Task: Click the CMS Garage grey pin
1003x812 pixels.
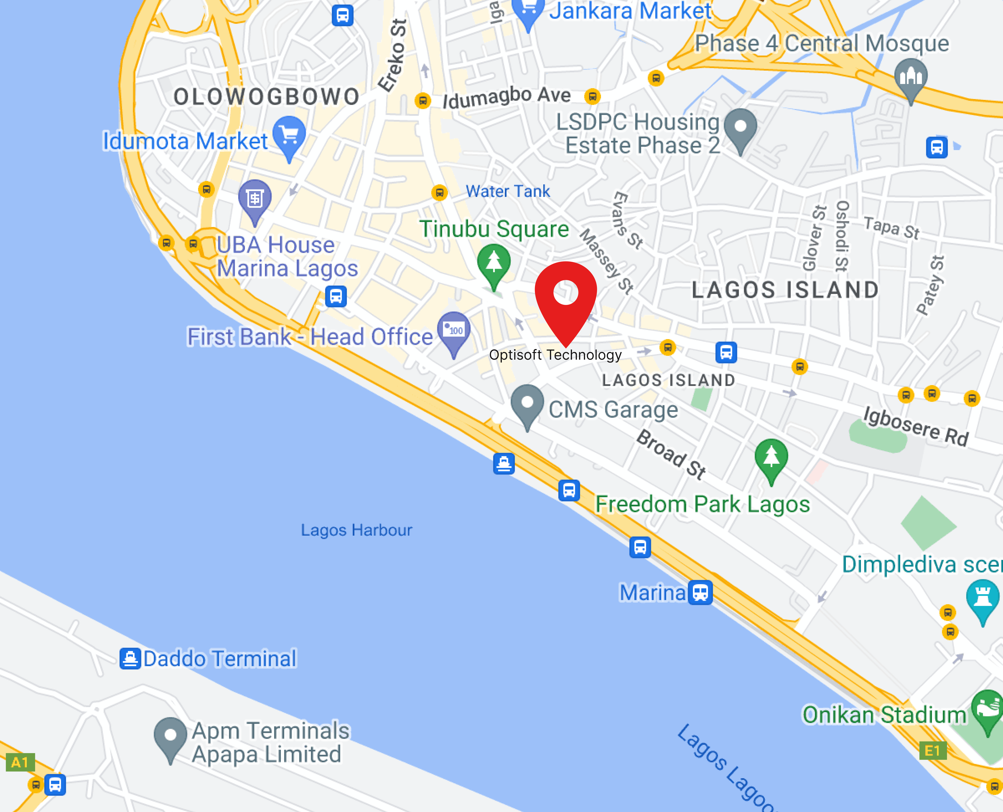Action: pos(527,403)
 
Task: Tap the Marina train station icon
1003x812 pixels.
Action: pos(700,593)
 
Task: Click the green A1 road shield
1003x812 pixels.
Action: pos(20,762)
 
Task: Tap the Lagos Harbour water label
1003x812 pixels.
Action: pos(356,530)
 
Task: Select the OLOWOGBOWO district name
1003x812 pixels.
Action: pos(266,97)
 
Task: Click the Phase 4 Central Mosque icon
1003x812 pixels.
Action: pos(911,76)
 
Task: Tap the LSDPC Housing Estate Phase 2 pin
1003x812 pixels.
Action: pos(740,127)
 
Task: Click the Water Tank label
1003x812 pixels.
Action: pos(508,191)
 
